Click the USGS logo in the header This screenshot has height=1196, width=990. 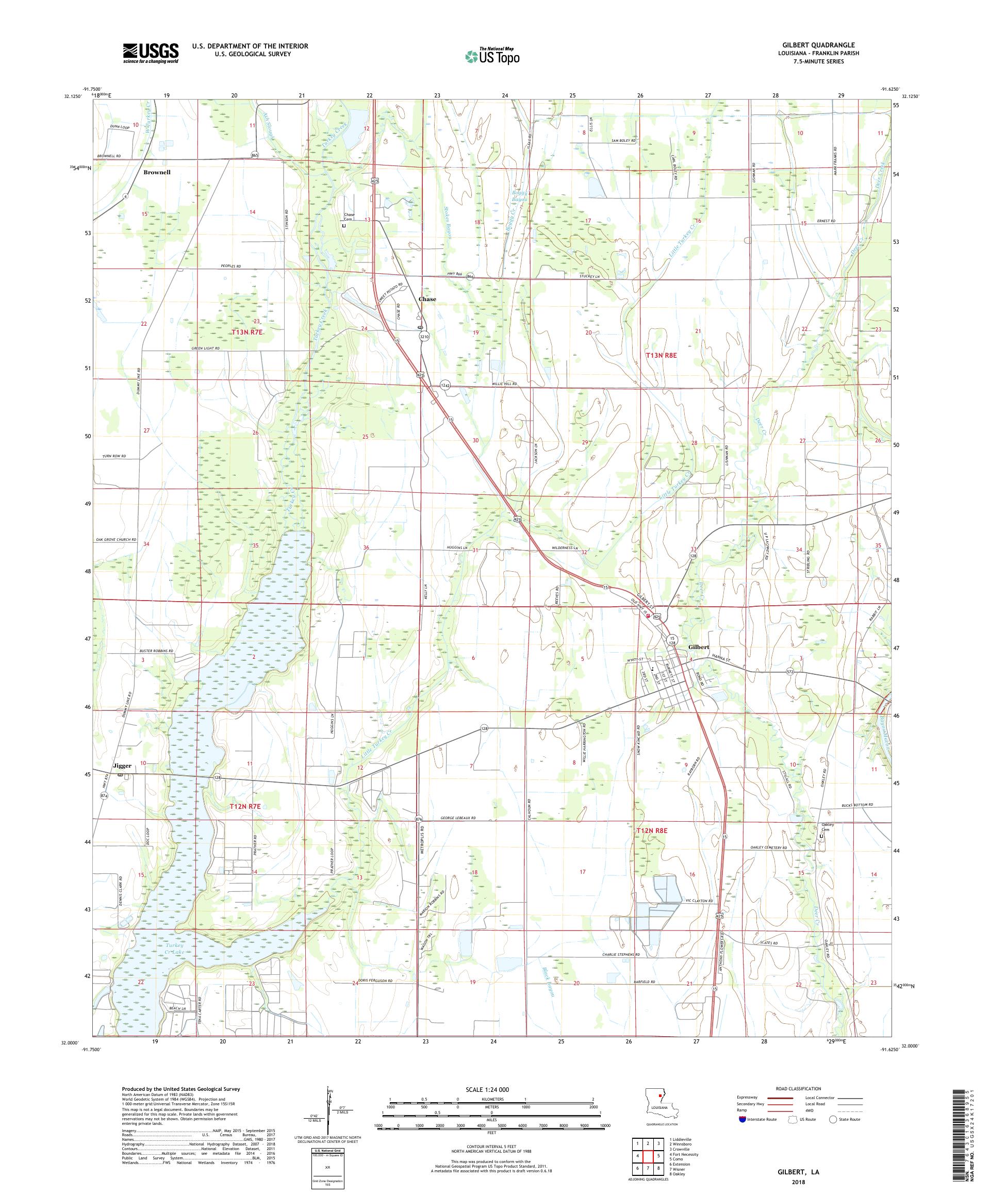pyautogui.click(x=151, y=53)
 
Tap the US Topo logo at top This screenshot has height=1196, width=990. pyautogui.click(x=493, y=56)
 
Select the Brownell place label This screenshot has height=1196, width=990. pyautogui.click(x=157, y=172)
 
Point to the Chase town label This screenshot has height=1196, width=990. pyautogui.click(x=427, y=299)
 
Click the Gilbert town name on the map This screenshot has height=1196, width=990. pyautogui.click(x=698, y=647)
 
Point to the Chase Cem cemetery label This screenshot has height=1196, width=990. pyautogui.click(x=349, y=217)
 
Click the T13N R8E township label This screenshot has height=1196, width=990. pyautogui.click(x=662, y=355)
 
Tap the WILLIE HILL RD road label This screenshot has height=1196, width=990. pyautogui.click(x=504, y=384)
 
